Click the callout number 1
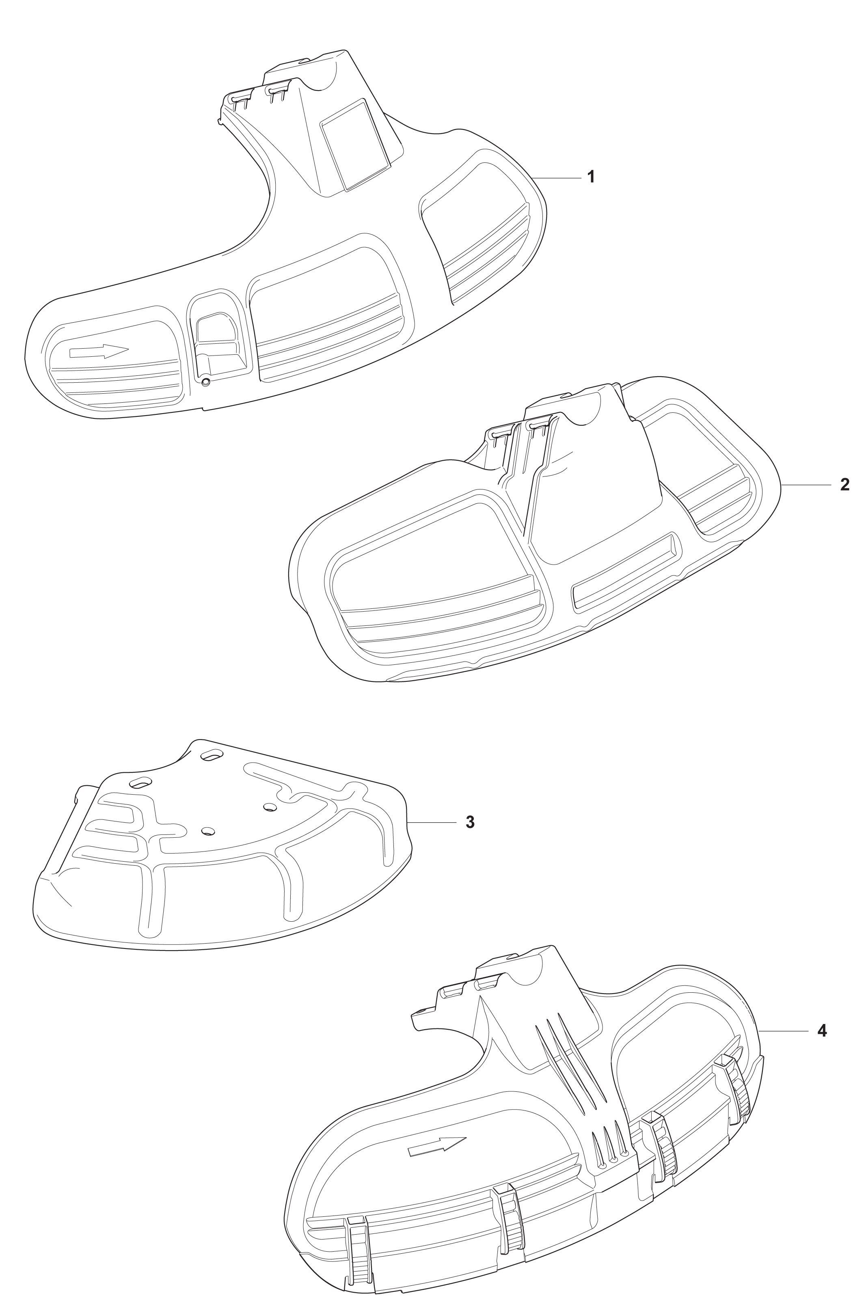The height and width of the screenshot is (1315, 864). (591, 177)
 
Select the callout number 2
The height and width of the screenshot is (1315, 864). (844, 485)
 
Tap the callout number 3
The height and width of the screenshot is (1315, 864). (470, 823)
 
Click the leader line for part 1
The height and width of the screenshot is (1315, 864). (555, 177)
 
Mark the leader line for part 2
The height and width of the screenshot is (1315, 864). (806, 485)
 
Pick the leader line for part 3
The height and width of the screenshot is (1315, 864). (432, 823)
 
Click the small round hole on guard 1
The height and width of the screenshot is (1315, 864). (205, 381)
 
